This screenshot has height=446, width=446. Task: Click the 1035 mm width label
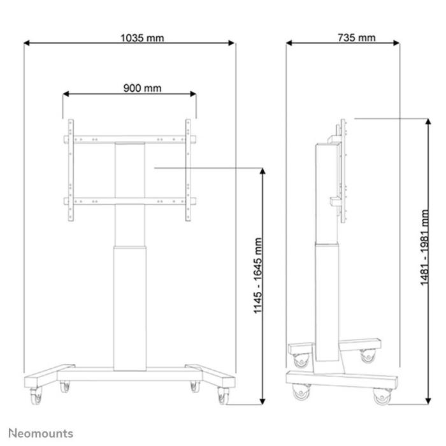[x=141, y=38]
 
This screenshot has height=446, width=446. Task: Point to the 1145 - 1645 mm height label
[x=258, y=276]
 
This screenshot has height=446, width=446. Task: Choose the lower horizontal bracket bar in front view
[x=129, y=203]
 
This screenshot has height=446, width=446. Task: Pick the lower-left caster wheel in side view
[x=298, y=393]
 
